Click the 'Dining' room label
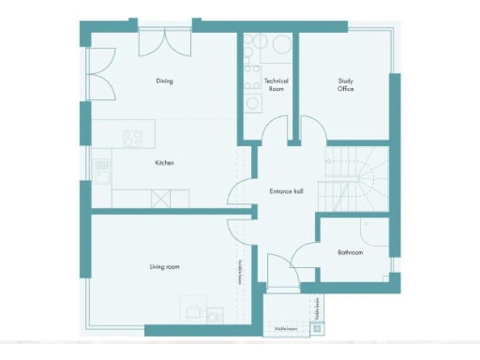[x=164, y=81]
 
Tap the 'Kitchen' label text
[x=164, y=163]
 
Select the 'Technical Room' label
[x=276, y=84]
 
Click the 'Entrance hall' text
[x=286, y=191]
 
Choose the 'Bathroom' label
[x=350, y=252]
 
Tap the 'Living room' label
[x=164, y=267]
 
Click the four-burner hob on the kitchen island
[x=133, y=138]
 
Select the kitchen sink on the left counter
[x=102, y=171]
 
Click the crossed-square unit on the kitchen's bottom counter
[x=159, y=198]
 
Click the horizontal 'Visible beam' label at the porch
[x=286, y=329]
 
